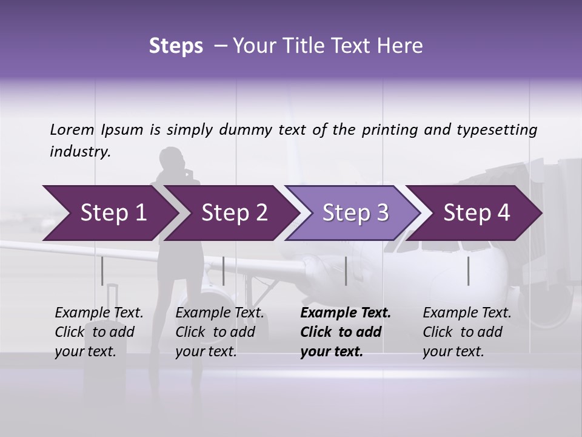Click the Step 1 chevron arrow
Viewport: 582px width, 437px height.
109,212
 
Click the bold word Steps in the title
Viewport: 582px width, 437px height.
176,46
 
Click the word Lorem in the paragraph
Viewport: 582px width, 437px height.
72,129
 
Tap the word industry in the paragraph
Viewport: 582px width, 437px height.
80,152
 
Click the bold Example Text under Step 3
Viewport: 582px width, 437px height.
346,313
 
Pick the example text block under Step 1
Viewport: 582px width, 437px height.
99,332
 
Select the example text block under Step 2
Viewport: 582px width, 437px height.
219,332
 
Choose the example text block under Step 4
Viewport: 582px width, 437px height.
467,332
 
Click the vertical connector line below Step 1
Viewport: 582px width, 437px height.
102,271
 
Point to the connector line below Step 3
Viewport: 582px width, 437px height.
346,271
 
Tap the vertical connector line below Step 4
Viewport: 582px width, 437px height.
468,271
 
